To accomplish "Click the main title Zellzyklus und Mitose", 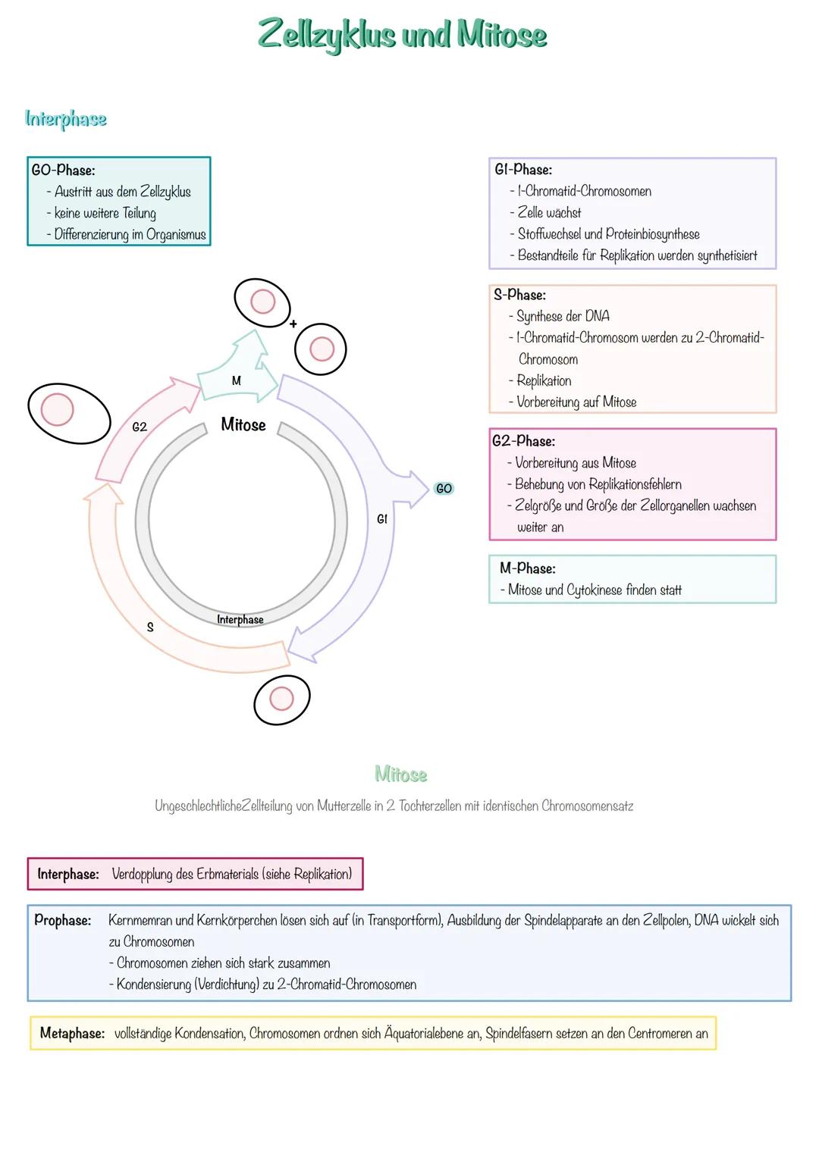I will [x=402, y=35].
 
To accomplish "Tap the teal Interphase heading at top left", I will [x=66, y=119].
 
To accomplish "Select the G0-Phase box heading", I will [x=63, y=171].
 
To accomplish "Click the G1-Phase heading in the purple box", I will [x=523, y=170].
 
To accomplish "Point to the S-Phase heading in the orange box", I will [x=519, y=295].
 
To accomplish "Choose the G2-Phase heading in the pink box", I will [x=523, y=441].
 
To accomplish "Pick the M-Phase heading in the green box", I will [x=527, y=568].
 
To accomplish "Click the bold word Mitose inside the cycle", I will [x=243, y=425].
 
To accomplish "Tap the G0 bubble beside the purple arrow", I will [x=444, y=489].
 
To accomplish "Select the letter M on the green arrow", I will [x=236, y=381].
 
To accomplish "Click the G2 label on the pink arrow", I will [x=140, y=427].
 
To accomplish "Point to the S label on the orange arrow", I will [x=150, y=628].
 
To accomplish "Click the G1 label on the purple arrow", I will [x=382, y=519].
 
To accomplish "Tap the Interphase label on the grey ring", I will [x=240, y=620].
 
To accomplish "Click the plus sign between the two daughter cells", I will [x=293, y=324].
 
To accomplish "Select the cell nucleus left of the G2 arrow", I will [x=57, y=410].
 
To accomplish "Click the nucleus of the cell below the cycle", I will [x=281, y=699].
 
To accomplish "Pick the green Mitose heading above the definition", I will [x=401, y=775].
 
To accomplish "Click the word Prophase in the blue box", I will [x=63, y=921].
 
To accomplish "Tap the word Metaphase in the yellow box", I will [x=72, y=1034].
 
